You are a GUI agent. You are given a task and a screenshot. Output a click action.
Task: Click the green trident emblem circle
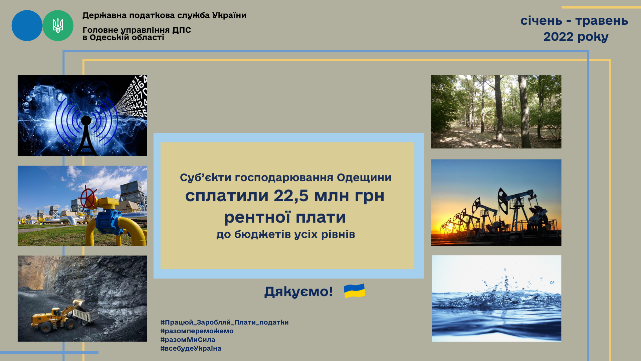(58, 26)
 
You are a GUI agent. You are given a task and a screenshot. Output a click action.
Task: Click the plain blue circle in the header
(27, 26)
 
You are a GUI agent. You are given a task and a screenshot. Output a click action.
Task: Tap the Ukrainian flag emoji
(355, 291)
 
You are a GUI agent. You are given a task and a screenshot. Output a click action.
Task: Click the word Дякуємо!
(298, 291)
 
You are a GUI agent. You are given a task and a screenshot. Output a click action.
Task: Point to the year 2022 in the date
(558, 36)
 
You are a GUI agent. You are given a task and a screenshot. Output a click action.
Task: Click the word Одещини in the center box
(364, 177)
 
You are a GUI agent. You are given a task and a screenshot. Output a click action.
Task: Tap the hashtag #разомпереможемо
(197, 331)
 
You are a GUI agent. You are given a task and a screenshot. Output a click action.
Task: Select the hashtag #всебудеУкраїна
(191, 348)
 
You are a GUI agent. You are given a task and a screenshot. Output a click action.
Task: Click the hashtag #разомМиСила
(188, 340)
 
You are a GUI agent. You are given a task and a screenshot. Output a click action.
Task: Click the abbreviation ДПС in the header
(182, 30)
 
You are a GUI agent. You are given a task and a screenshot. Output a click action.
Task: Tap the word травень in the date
(602, 21)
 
